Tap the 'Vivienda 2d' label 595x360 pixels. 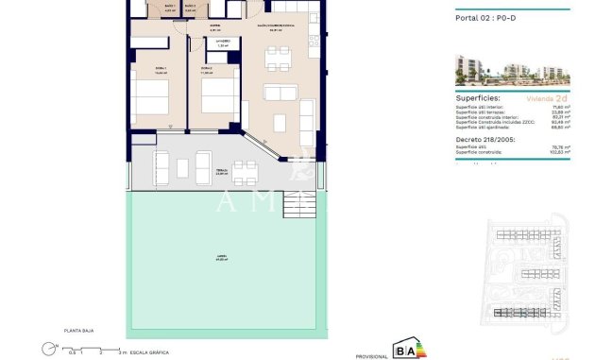547,97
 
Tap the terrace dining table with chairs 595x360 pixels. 246,171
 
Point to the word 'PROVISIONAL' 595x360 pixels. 371,355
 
